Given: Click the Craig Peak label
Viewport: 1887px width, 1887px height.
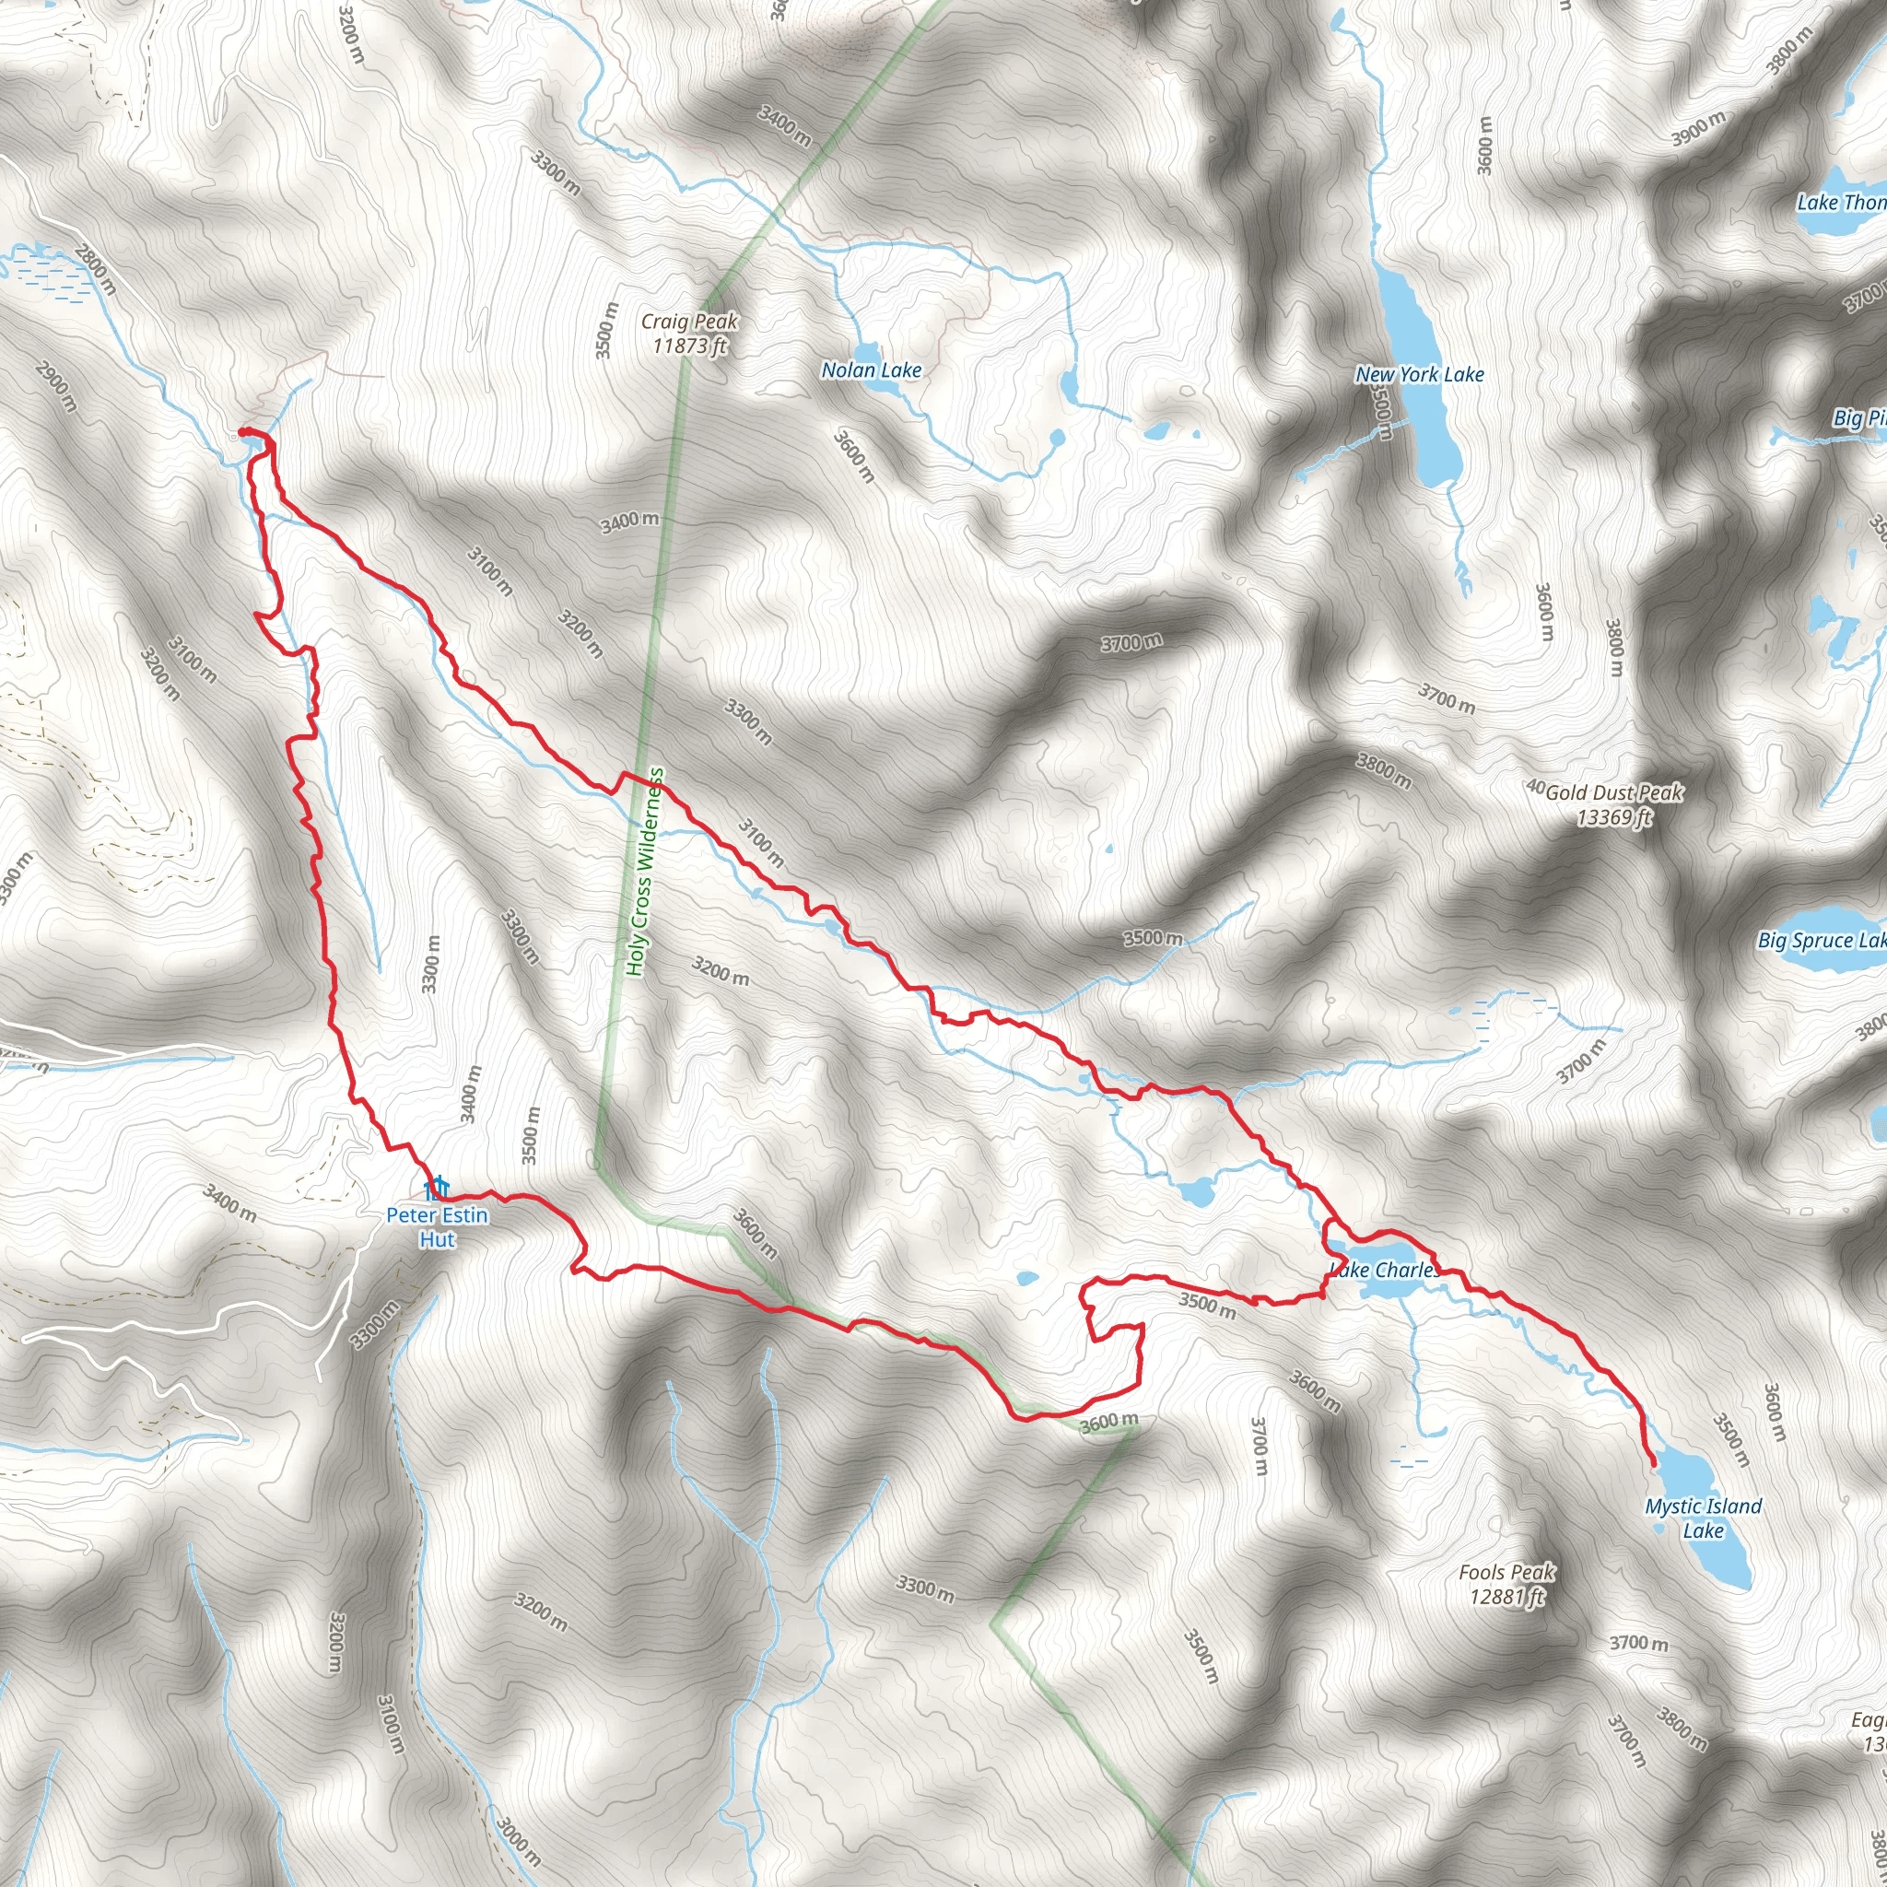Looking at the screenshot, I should click(689, 322).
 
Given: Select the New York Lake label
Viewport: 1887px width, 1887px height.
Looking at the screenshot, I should click(1419, 374).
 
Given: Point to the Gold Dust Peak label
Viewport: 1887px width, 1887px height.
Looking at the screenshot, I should click(1613, 792).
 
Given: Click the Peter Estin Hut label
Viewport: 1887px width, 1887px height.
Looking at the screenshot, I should click(437, 1226).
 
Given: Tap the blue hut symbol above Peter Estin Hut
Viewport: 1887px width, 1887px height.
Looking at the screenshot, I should click(436, 1188).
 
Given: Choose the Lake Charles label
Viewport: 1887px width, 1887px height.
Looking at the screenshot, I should click(1385, 1270).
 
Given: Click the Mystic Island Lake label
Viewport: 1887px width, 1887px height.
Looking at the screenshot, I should click(1704, 1518).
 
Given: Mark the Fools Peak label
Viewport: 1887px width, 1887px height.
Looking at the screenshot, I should click(1506, 1573).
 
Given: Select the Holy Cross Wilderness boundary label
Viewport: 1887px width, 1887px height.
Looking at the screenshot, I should click(646, 872).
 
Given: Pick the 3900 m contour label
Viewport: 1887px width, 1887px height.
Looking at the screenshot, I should click(1699, 129).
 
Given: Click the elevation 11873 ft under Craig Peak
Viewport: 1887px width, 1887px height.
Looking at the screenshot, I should click(689, 345).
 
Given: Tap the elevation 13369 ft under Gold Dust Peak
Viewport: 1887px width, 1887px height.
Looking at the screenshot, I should click(1613, 817).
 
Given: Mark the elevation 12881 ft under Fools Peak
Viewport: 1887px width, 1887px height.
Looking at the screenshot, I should click(1507, 1597).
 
